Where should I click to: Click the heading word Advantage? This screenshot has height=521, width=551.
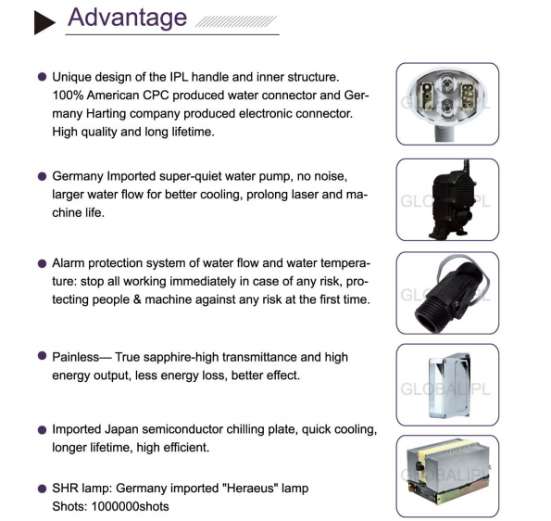click(127, 18)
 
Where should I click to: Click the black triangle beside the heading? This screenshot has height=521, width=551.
click(44, 22)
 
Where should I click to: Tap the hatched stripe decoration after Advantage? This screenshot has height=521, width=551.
click(236, 21)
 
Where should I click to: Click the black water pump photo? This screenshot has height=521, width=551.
click(452, 200)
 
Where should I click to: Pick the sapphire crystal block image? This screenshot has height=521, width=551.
click(449, 386)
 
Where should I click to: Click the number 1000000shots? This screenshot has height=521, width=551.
click(130, 506)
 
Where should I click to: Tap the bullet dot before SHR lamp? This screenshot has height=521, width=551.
click(42, 489)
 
